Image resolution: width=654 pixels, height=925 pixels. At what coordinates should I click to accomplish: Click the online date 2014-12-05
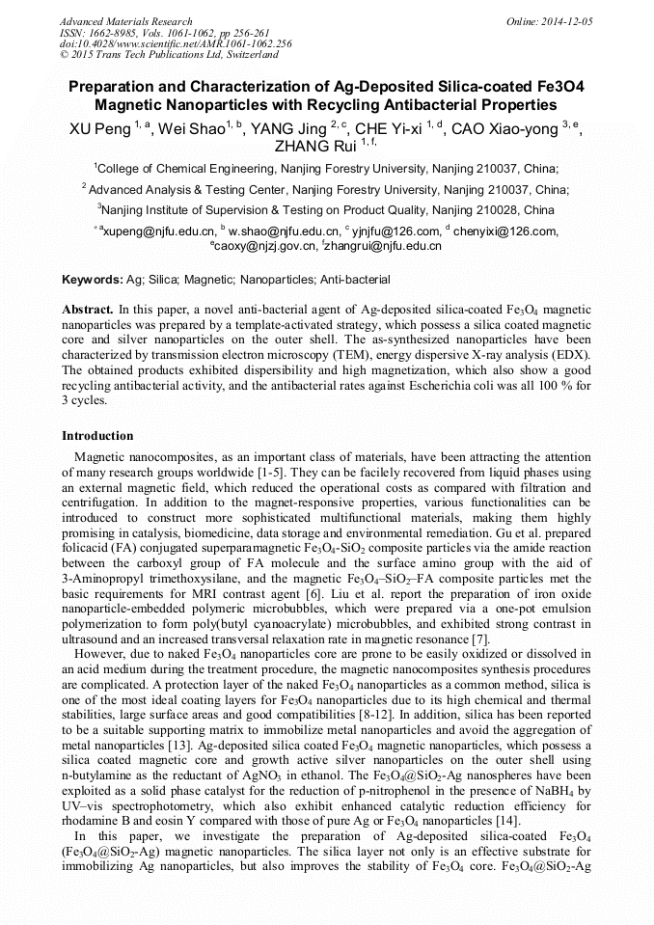click(564, 21)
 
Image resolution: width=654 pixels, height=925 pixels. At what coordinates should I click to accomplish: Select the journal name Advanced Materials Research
click(126, 21)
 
